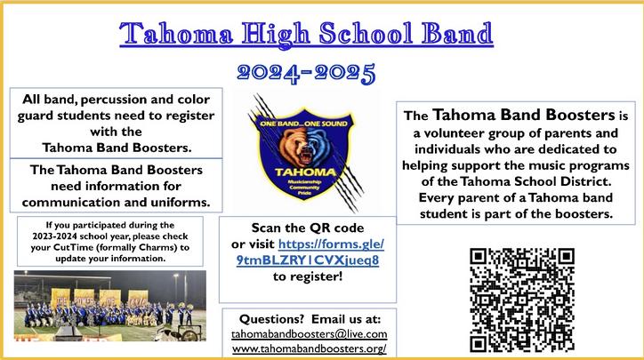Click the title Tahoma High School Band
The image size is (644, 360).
click(x=306, y=34)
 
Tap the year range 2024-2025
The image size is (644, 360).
click(x=306, y=74)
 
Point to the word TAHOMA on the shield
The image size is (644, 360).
click(x=305, y=172)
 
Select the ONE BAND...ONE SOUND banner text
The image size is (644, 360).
click(x=303, y=124)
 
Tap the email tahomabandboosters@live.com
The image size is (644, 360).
click(x=309, y=334)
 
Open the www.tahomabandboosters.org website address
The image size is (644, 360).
click(x=309, y=348)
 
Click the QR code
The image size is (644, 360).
click(x=521, y=300)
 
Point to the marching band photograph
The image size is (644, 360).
click(x=110, y=306)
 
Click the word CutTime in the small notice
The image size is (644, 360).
click(x=68, y=247)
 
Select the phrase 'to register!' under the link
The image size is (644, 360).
click(x=308, y=276)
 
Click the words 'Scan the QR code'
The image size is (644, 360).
click(x=308, y=228)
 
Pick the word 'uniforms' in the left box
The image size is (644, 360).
click(x=174, y=203)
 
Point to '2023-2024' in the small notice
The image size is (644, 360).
click(x=51, y=236)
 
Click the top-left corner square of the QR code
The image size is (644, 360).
click(x=478, y=256)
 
